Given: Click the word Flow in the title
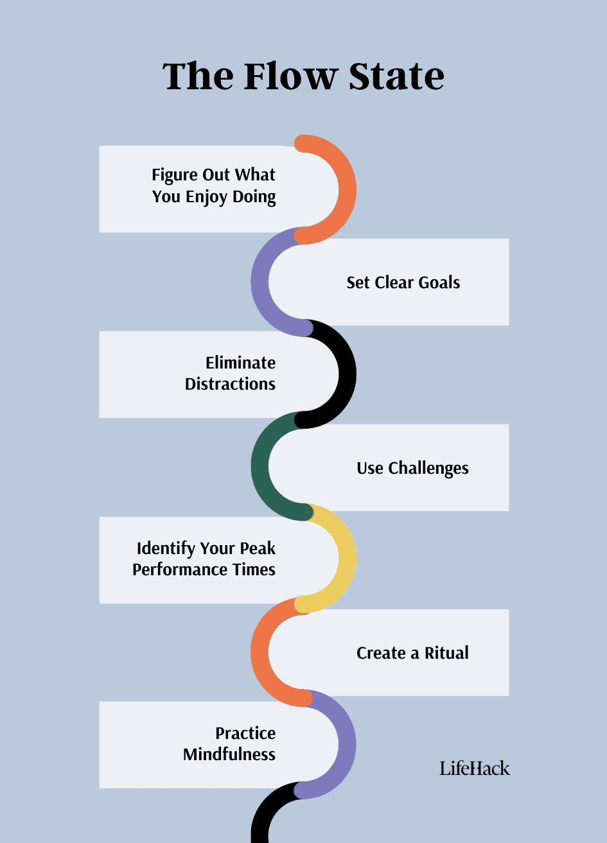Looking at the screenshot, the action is [291, 76].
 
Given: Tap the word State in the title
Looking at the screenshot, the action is [396, 76].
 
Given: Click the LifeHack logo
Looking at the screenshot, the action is [475, 767].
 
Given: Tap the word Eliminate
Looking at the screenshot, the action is [240, 363].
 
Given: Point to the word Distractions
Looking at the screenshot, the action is [230, 384].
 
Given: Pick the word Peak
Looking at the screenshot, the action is [257, 548].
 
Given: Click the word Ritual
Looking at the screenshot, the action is [446, 653].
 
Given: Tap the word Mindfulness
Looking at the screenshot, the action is [229, 754].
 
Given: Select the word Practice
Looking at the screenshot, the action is [245, 733].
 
